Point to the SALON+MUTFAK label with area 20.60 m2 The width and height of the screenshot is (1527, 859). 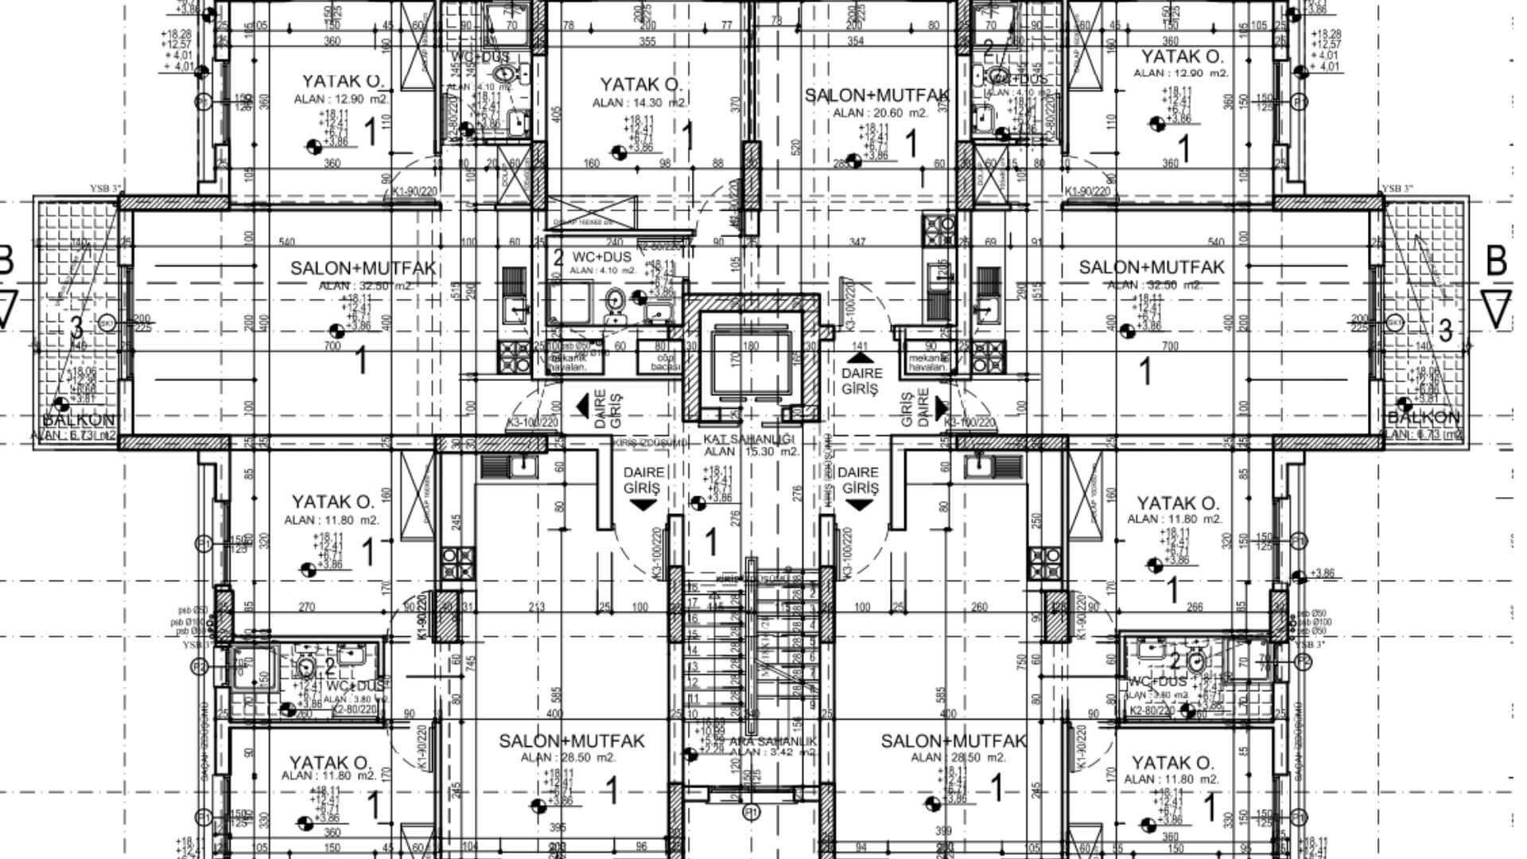click(x=877, y=96)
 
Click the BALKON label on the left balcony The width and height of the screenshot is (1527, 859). click(x=79, y=419)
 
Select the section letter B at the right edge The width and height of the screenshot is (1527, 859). click(x=1496, y=261)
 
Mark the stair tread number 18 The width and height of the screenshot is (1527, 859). click(x=692, y=587)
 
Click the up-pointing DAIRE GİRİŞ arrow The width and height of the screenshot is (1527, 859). click(x=861, y=360)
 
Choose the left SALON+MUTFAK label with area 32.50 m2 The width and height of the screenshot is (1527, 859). click(x=363, y=268)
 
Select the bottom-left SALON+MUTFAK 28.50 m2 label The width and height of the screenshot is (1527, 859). click(x=571, y=741)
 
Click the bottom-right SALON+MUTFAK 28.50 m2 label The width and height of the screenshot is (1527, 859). click(x=953, y=741)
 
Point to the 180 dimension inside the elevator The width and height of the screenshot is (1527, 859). click(x=750, y=346)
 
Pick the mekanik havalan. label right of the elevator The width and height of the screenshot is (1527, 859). click(x=929, y=363)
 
